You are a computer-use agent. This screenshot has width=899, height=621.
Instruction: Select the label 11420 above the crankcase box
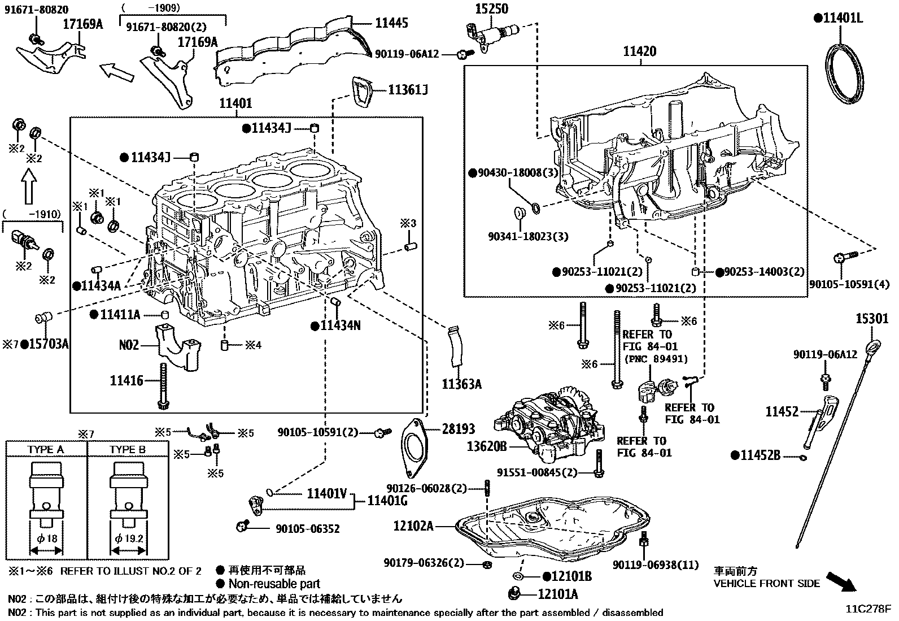[640, 51]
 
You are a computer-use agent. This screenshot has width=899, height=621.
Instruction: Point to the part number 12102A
[414, 526]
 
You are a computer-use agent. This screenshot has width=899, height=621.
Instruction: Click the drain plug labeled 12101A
[514, 594]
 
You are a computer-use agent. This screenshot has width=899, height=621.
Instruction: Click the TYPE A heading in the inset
[46, 450]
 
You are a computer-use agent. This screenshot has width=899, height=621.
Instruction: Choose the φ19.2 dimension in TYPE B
[128, 539]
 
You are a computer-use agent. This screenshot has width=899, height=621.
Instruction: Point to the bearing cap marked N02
[177, 346]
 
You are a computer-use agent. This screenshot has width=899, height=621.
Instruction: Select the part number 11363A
[461, 384]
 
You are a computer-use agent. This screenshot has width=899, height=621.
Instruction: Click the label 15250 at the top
[491, 8]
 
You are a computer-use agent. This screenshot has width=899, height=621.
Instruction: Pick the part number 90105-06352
[308, 529]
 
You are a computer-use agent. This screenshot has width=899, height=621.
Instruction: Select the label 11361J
[408, 89]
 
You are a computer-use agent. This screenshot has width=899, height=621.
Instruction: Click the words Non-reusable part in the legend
[274, 584]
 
